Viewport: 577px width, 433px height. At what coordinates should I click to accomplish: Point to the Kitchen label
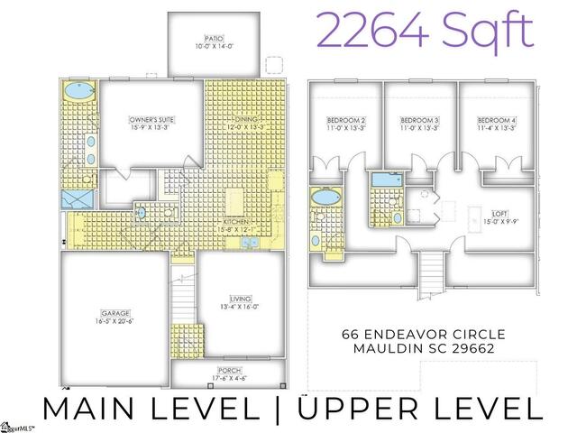238,225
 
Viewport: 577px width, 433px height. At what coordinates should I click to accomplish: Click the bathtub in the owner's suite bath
78,92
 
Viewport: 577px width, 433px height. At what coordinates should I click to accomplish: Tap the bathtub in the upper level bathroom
322,198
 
